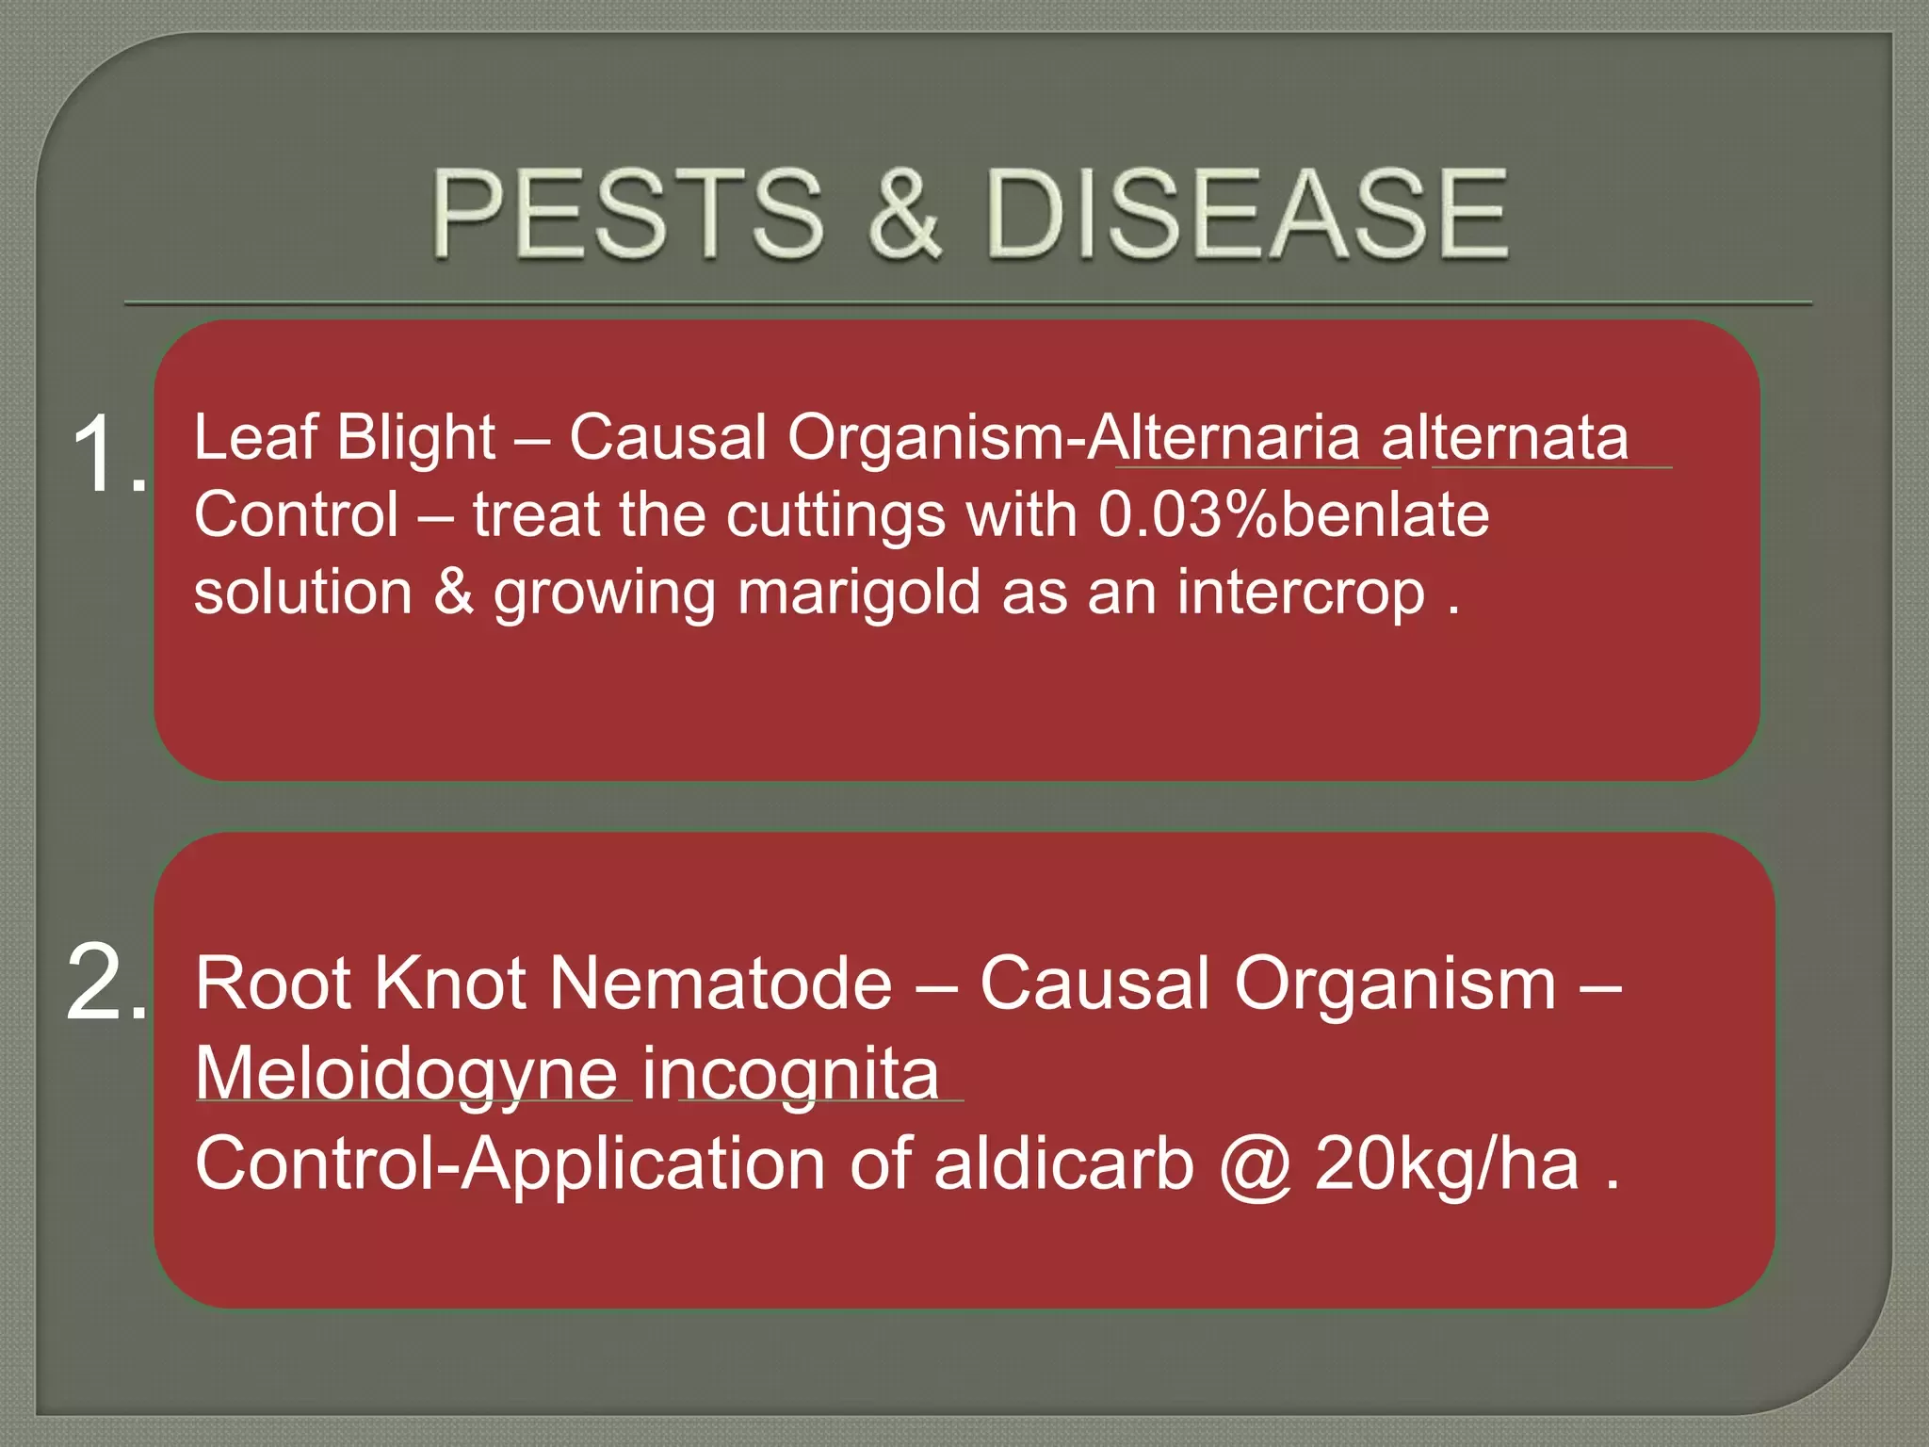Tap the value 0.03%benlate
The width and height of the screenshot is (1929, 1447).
pos(1293,515)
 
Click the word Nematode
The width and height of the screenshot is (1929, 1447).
pos(721,984)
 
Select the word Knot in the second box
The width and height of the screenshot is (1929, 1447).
pos(450,984)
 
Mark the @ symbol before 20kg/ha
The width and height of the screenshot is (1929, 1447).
pos(1255,1168)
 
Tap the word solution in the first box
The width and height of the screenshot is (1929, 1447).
pos(303,593)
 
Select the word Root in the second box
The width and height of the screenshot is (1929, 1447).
pos(273,984)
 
